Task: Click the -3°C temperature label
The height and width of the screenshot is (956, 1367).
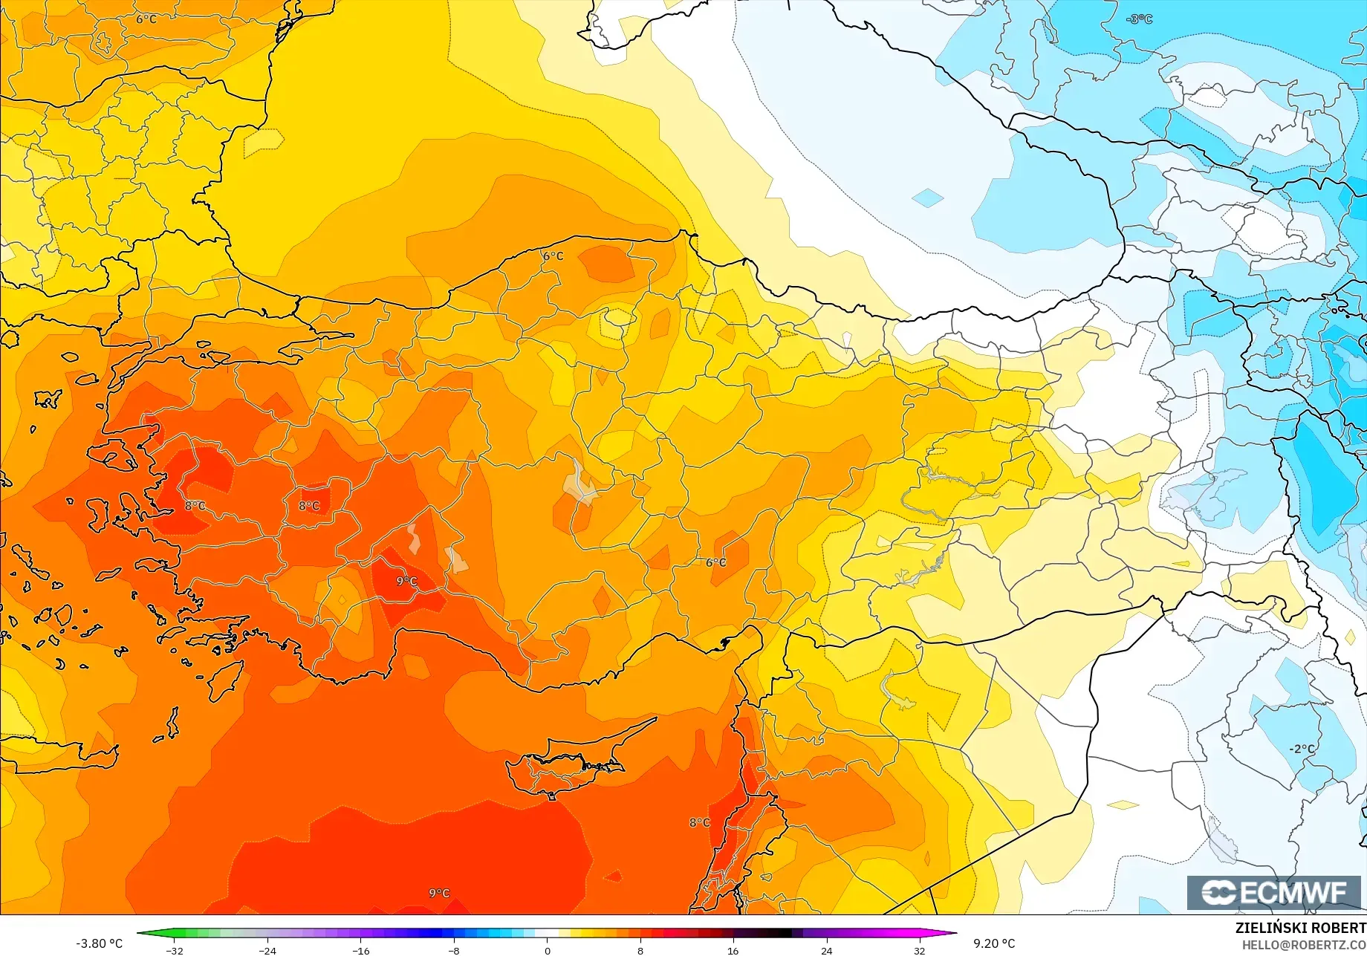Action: (1139, 19)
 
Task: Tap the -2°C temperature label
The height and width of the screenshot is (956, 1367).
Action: (1301, 749)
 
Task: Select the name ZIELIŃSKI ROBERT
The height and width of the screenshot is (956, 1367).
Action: (1300, 928)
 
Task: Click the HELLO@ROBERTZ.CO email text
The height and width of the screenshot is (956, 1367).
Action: (1304, 944)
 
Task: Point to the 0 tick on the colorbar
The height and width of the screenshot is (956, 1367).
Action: (548, 951)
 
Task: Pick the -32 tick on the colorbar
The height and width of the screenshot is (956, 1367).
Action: (174, 951)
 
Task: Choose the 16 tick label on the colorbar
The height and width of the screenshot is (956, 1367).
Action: (733, 951)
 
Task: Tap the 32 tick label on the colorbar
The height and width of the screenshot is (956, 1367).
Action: (920, 951)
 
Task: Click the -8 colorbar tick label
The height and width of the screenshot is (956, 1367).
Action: (454, 951)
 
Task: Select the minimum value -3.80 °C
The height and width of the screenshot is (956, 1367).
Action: (99, 943)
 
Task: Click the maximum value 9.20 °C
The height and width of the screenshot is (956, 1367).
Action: (994, 943)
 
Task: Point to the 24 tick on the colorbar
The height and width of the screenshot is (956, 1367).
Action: (826, 951)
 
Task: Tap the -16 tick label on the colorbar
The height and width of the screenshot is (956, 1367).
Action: (360, 951)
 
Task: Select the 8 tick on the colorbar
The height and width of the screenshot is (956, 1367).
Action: (640, 951)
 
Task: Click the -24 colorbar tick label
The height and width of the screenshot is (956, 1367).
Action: (267, 951)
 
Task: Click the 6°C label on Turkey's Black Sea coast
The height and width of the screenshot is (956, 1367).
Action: (553, 256)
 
